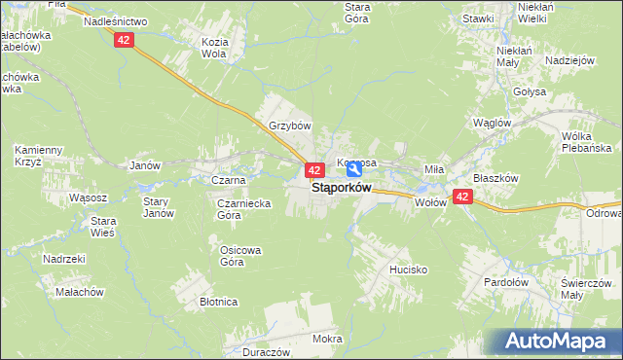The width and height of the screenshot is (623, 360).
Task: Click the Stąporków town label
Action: coord(341,188)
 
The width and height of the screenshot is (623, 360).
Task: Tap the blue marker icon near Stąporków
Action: coord(354,169)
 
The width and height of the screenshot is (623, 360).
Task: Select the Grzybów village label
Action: coord(289,126)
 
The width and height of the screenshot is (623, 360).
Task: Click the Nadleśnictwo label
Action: coord(115,20)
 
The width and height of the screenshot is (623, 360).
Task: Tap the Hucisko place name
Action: coord(408,269)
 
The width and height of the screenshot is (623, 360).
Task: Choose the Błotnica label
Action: coord(219,302)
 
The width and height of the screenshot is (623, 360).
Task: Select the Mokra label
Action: coord(327,339)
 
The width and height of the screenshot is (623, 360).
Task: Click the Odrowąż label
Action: coord(603,213)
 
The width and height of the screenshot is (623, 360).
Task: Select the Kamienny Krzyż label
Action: coord(38,156)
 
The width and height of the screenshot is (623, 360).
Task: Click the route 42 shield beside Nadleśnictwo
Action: coord(124,40)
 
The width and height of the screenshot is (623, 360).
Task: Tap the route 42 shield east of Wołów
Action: coord(462,197)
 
